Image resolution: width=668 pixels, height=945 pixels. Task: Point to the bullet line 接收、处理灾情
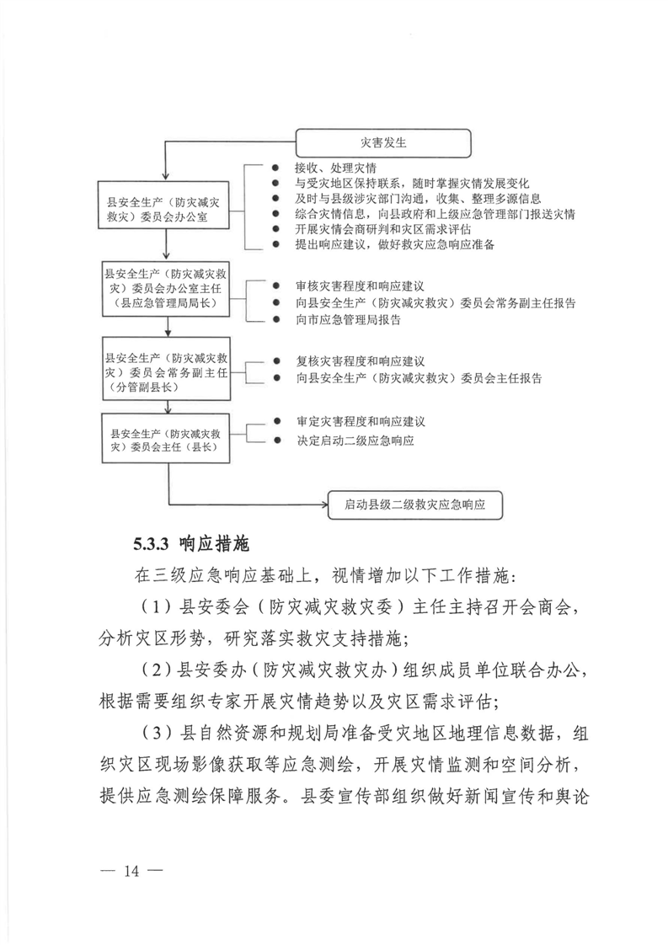329,168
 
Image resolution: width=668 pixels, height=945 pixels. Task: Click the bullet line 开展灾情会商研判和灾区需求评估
383,229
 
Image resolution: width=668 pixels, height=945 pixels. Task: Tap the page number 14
129,870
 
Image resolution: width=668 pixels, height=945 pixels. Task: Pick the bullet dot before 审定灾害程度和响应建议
277,420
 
